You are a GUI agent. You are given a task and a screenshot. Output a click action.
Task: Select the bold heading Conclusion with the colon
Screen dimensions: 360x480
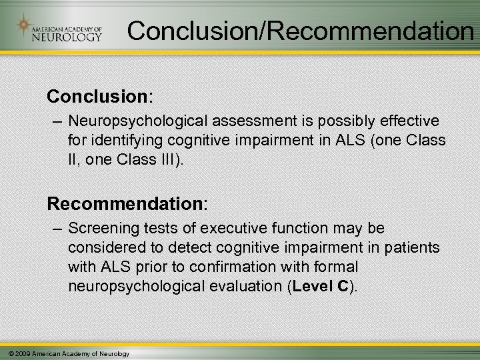[x=100, y=96]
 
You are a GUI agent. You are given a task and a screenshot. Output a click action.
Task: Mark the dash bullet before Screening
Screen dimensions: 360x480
[x=58, y=229]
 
